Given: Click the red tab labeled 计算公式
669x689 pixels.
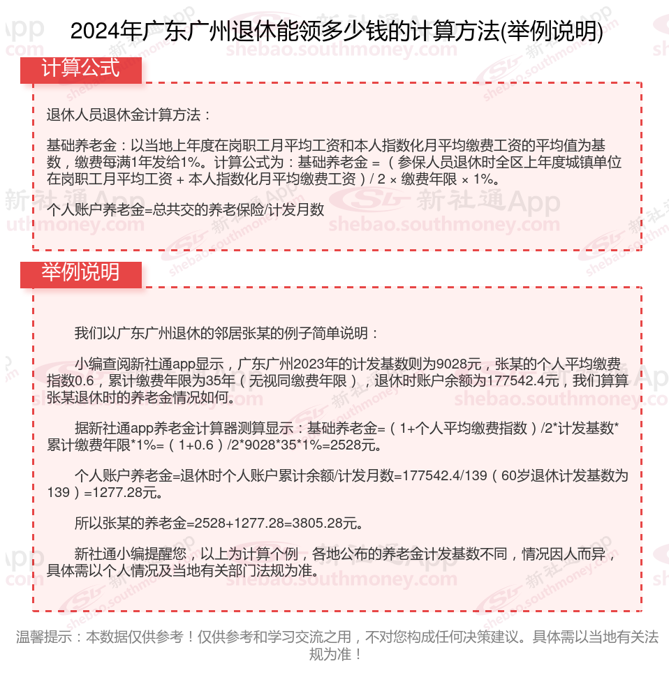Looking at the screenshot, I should click(x=81, y=68).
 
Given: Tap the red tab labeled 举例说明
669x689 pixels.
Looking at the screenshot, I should click(x=81, y=273).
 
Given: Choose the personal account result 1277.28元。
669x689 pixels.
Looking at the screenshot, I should click(x=132, y=493).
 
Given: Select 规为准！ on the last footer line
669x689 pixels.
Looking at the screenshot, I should click(x=335, y=654).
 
